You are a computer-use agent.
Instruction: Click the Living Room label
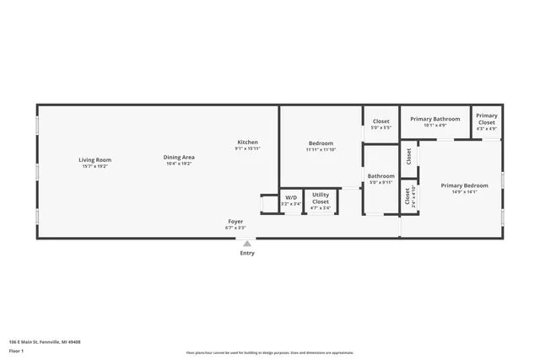pos(94,159)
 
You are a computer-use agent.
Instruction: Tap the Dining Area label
pos(178,157)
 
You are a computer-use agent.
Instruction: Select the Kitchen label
pos(247,142)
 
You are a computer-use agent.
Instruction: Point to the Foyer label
pos(235,221)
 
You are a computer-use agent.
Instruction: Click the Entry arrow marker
pos(246,244)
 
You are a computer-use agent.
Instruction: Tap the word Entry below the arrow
pos(246,253)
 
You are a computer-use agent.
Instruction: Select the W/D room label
pos(290,197)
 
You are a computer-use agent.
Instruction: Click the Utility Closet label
pos(321,198)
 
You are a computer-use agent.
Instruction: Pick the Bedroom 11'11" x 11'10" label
pos(321,143)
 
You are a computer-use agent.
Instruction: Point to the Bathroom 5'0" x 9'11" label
pos(381,176)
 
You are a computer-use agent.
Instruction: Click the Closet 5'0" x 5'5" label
pos(381,121)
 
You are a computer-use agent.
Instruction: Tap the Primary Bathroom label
pos(435,119)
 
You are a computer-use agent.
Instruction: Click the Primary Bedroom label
pos(464,185)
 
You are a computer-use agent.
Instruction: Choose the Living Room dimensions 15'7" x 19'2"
pos(94,166)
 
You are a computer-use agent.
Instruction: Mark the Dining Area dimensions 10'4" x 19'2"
pos(178,164)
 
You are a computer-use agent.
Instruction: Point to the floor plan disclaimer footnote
pos(269,353)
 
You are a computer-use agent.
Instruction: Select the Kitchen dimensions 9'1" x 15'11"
pos(247,148)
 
